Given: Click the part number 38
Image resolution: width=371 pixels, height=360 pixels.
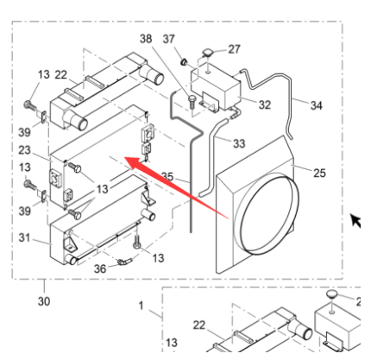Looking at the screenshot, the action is (146, 38).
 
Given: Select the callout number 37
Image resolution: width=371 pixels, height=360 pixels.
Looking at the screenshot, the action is (169, 39).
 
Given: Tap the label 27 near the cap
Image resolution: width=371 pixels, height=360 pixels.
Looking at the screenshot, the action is (234, 49).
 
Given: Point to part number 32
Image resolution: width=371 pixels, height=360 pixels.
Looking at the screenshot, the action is (265, 104).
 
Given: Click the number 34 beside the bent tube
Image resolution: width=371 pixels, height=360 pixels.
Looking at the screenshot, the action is (316, 105).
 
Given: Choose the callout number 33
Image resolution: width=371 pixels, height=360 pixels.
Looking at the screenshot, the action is (239, 143).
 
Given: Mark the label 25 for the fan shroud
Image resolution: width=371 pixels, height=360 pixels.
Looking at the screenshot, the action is (319, 173).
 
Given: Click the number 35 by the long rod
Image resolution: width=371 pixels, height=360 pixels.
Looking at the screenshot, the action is (167, 176).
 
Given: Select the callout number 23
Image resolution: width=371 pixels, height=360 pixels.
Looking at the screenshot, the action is (24, 150).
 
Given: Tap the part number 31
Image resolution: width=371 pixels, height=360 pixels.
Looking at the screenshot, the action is (24, 237).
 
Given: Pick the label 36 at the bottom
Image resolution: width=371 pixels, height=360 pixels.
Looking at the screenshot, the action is (100, 268).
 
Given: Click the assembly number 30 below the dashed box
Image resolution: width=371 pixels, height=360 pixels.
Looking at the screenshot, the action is (44, 301).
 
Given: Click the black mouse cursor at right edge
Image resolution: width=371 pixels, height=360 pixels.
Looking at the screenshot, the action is (355, 221).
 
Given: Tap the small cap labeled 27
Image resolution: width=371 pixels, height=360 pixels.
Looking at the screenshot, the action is (207, 53).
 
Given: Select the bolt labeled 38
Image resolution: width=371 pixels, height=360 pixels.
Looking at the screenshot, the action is (192, 102).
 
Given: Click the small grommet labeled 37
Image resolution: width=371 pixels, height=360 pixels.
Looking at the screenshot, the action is (184, 61).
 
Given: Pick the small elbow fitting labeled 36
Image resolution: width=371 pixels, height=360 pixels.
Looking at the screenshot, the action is (124, 262).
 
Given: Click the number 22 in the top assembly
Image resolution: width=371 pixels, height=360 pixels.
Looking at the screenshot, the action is (61, 75).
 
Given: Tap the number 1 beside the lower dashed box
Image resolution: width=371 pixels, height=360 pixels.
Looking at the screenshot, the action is (141, 306).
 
